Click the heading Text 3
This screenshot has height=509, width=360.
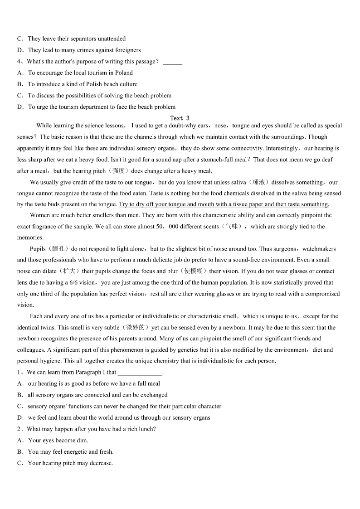coord(180,118)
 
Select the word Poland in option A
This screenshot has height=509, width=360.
coord(124,73)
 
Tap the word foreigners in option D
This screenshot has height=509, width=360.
coord(126,50)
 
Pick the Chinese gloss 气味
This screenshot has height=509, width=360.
coord(231,226)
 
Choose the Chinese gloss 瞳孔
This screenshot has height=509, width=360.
coord(58,248)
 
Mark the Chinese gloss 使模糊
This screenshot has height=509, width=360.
coord(194,271)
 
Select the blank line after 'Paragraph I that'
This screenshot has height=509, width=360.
coord(139,373)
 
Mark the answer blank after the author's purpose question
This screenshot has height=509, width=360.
coord(172,62)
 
